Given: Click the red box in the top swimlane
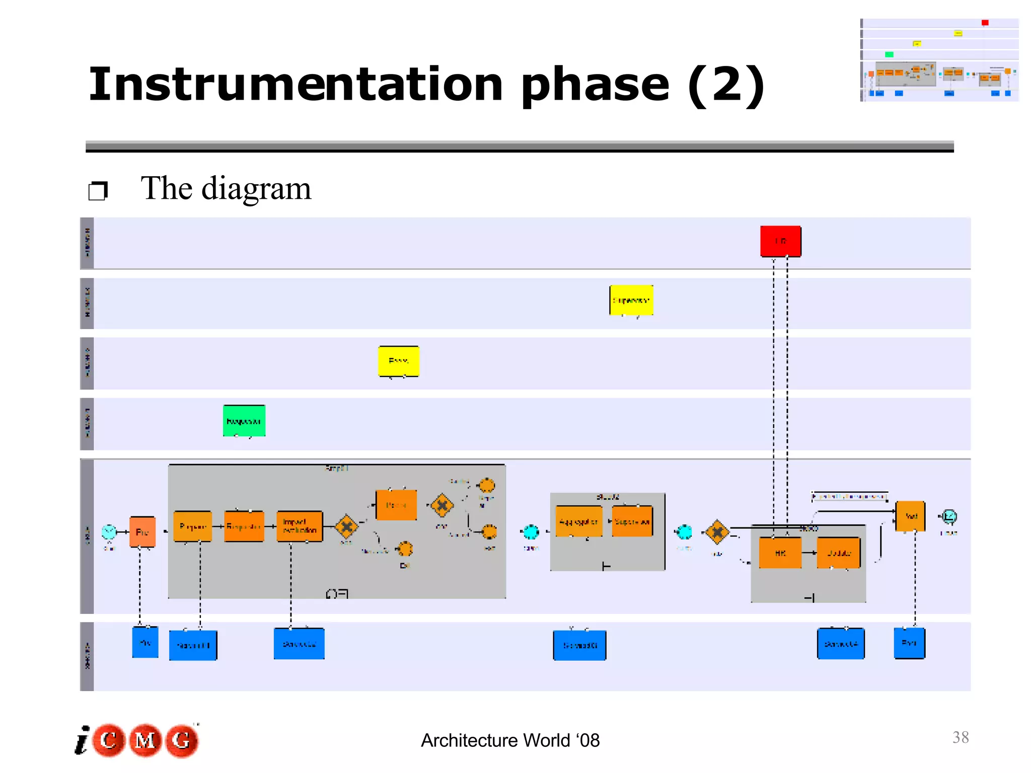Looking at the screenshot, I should click(780, 242).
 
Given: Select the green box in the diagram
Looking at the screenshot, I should click(244, 421).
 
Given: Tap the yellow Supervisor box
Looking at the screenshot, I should click(631, 300).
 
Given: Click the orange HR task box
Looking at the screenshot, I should click(780, 553).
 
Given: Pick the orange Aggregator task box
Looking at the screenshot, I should click(579, 522).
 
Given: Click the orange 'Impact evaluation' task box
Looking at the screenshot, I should click(300, 526).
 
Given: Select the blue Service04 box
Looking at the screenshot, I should click(841, 644).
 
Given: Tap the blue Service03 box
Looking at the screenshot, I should click(579, 645).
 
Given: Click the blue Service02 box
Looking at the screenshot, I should click(299, 644).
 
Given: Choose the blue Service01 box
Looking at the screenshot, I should click(193, 645).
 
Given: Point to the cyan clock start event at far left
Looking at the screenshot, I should click(109, 531).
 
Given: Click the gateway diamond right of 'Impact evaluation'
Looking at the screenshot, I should click(346, 527).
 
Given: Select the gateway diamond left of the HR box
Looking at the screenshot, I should click(717, 532).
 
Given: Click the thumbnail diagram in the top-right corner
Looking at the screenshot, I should click(939, 60).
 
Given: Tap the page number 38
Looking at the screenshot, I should click(961, 737).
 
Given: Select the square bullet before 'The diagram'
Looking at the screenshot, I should click(98, 191).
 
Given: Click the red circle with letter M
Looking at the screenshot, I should click(145, 740).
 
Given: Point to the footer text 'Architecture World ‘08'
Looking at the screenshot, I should click(510, 741).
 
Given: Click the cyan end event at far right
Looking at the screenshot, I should click(949, 516).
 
